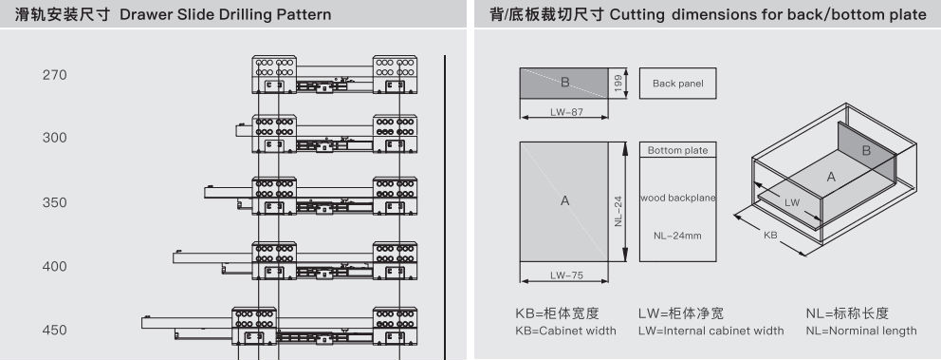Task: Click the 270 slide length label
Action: point(55,75)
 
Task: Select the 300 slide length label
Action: point(55,138)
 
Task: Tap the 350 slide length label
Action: point(55,202)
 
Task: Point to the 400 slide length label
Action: point(55,266)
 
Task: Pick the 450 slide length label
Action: point(55,330)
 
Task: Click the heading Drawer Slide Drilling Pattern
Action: point(225,14)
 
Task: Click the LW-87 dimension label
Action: point(564,111)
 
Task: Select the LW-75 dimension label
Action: point(564,275)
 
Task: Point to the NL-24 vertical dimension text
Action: point(618,213)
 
